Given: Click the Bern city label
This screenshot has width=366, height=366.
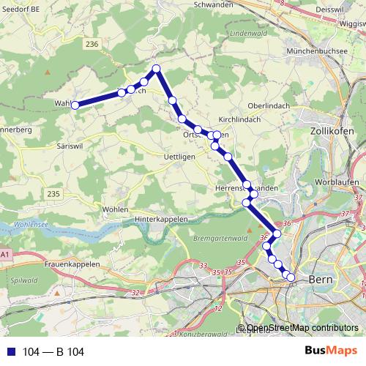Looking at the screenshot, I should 321,279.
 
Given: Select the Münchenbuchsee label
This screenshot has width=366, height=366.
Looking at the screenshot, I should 316,52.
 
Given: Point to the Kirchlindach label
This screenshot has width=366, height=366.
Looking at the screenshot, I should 240,119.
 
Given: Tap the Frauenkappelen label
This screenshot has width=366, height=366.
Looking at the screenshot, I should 70,263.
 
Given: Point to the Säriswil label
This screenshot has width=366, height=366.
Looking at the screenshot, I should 72,146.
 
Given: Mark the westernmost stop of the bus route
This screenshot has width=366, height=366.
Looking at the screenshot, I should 75,105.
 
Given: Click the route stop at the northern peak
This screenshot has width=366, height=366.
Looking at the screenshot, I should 156,69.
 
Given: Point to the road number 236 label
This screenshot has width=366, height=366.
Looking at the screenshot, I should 91,45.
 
